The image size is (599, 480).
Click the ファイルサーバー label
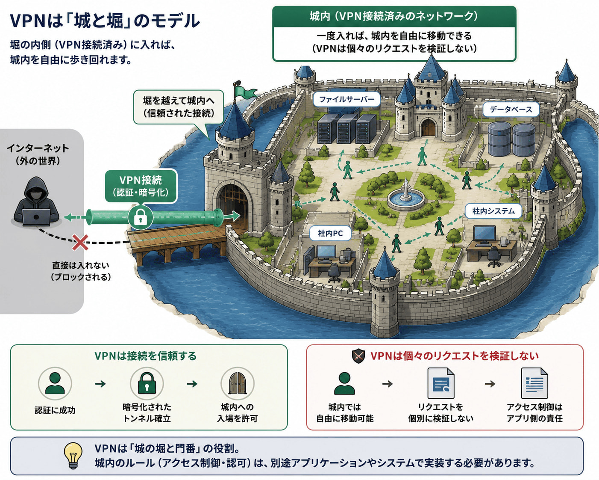click(x=346, y=100)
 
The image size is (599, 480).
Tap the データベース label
click(x=511, y=109)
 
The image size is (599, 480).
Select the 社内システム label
click(x=493, y=211)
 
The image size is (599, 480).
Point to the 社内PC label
click(x=330, y=233)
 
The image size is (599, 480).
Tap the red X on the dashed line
click(x=80, y=242)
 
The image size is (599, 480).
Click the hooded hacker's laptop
click(x=36, y=217)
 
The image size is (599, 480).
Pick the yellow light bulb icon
click(x=73, y=456)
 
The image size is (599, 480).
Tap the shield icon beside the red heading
click(x=358, y=356)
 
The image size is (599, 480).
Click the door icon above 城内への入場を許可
click(x=238, y=384)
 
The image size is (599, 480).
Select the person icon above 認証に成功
click(x=55, y=384)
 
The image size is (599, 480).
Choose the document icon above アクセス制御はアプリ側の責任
click(x=534, y=383)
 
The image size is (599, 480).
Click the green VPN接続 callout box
click(x=141, y=186)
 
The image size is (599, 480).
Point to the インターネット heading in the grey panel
click(x=38, y=148)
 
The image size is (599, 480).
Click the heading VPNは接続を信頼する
click(x=145, y=356)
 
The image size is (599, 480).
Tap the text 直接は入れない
click(x=80, y=265)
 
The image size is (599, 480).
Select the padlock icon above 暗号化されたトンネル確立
click(x=147, y=384)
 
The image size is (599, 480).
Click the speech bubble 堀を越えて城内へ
click(x=179, y=107)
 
